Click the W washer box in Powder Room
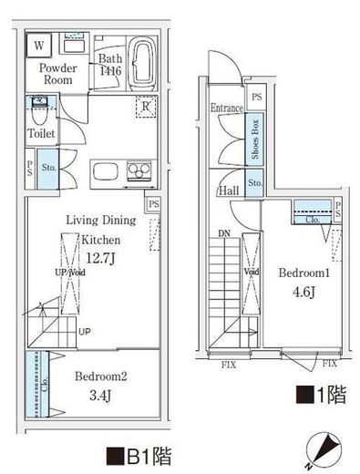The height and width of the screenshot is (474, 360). tap(39, 45)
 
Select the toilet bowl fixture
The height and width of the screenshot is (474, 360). tap(39, 114)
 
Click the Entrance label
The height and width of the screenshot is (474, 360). tap(227, 108)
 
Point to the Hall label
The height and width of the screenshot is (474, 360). tap(228, 191)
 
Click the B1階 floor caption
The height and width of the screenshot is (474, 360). tap(139, 453)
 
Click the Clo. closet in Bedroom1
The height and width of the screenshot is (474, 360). tap(312, 219)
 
